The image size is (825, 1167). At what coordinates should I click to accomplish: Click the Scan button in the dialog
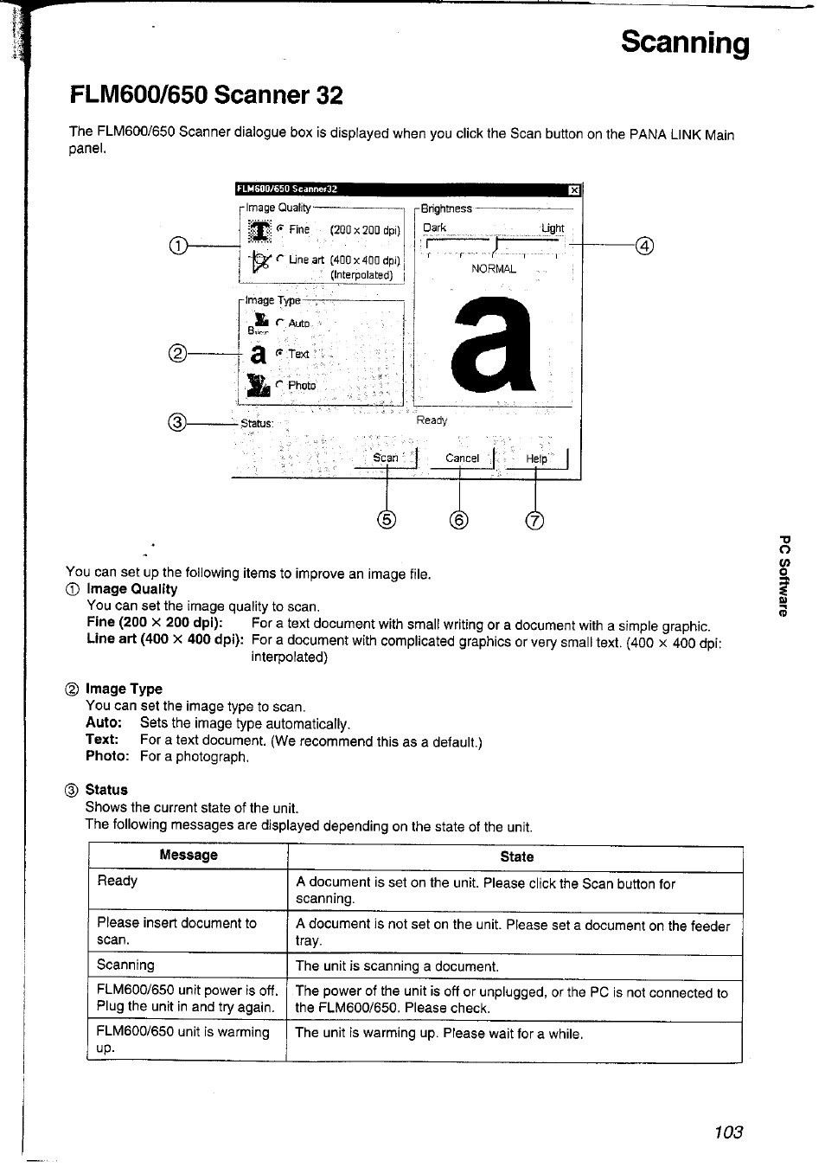386,458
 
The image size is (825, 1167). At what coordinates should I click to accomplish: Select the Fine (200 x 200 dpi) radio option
281,229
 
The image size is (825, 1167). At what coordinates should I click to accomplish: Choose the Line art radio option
281,259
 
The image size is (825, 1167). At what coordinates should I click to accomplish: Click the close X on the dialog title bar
573,189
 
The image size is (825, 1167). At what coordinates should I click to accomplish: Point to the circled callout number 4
643,247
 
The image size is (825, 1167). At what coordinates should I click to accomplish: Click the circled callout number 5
386,519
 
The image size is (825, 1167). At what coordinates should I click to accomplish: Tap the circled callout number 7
535,520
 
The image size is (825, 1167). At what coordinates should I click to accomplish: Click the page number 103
729,1132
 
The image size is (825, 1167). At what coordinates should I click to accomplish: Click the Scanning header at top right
685,42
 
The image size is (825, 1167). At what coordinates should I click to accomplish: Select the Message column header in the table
189,856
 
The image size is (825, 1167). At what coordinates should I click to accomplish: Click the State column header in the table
516,856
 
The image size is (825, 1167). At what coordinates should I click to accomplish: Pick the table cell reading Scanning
126,965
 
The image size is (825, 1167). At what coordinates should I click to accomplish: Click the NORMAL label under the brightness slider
494,269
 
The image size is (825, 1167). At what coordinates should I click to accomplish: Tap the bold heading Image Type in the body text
124,689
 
